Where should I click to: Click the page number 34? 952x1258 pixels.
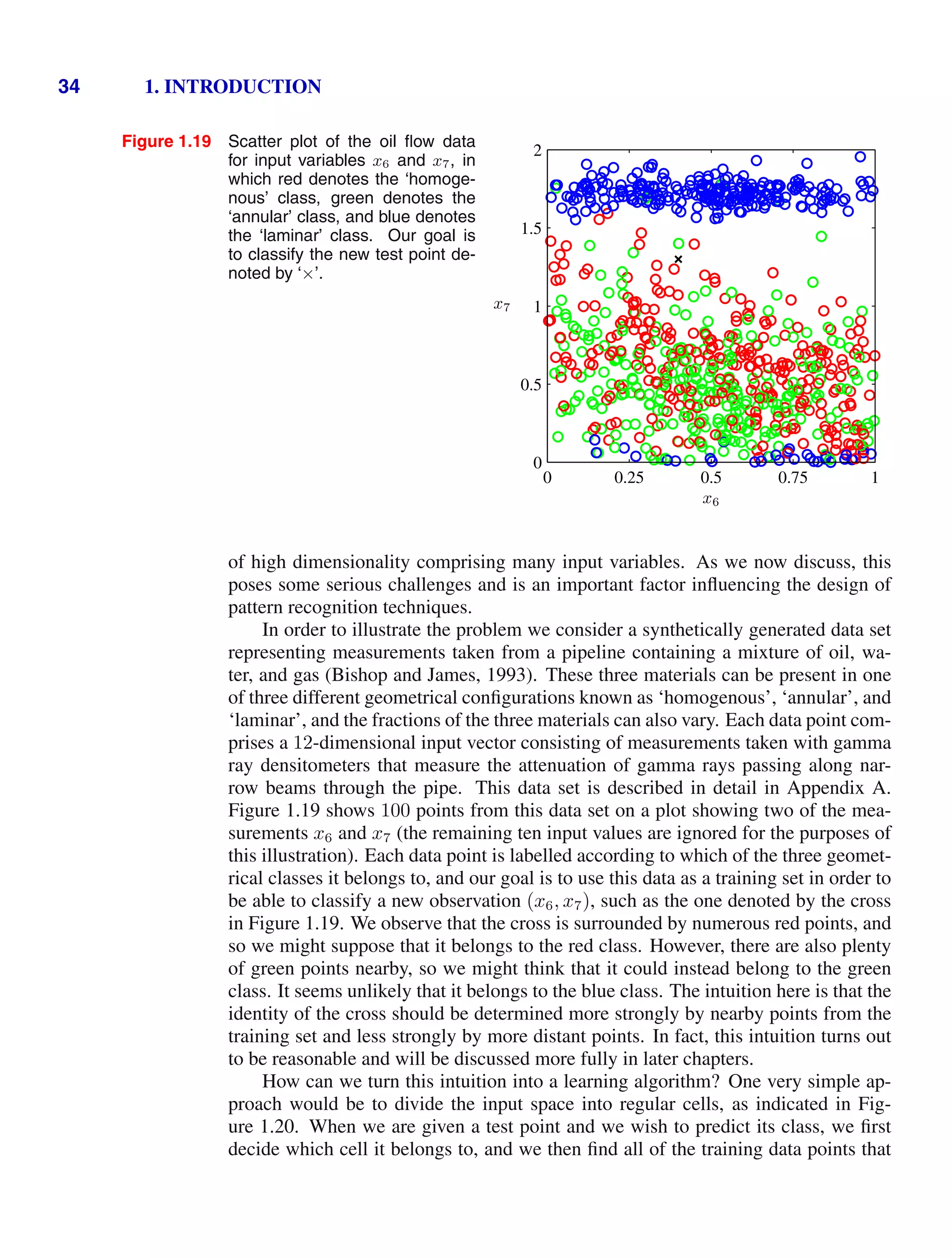(69, 86)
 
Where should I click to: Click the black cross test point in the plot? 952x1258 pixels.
(678, 259)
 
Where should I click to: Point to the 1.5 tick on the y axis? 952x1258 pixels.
(531, 229)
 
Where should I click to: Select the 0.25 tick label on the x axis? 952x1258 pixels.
(628, 478)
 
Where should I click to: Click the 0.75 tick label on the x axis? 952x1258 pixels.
(792, 478)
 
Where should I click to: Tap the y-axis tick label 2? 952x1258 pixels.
(537, 151)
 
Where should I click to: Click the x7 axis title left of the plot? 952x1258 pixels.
(502, 306)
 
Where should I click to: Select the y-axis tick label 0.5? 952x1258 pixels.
(531, 385)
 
